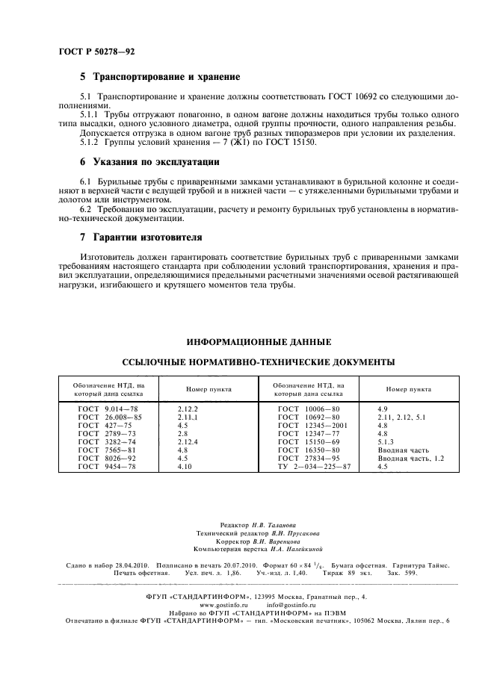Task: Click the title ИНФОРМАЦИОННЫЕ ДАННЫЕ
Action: tap(259, 343)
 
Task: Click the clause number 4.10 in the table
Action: tap(185, 466)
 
